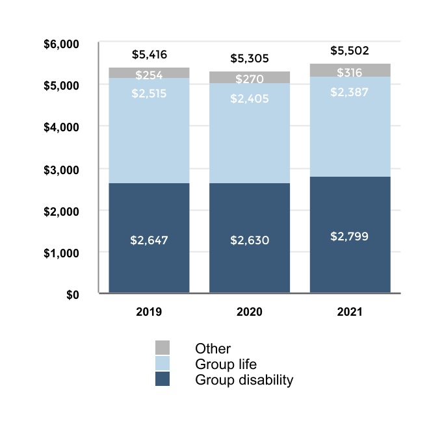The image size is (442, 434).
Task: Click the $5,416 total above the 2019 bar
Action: tap(149, 55)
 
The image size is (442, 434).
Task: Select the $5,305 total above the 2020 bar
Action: tap(250, 58)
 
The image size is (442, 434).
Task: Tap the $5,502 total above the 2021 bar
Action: tap(350, 50)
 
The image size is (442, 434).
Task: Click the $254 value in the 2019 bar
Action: tap(149, 75)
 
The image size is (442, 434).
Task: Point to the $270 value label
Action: tap(250, 79)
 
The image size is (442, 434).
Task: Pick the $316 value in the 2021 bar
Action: tap(350, 73)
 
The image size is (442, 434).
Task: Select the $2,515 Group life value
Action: tap(149, 94)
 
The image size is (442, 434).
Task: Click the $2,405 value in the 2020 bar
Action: tap(250, 99)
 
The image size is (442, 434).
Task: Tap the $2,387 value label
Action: tap(350, 92)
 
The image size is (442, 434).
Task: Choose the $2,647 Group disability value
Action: tap(149, 240)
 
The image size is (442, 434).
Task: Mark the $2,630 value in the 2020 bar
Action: tap(250, 240)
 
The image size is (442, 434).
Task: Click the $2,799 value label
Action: tap(350, 236)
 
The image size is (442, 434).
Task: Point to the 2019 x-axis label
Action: tap(149, 312)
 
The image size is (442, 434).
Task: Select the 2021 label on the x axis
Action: tap(350, 312)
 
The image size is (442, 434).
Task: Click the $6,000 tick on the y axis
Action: tap(60, 44)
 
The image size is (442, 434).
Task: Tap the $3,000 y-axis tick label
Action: tap(60, 170)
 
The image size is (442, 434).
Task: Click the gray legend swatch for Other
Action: tap(162, 348)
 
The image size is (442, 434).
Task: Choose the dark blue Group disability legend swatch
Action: tap(162, 379)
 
